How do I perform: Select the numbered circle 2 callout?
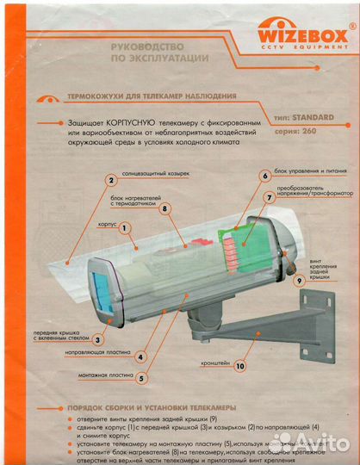point(111,180)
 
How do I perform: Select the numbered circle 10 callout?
point(239,365)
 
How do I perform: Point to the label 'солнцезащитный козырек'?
point(159,173)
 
